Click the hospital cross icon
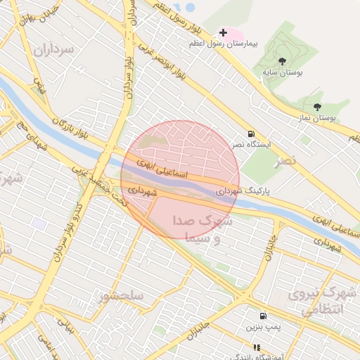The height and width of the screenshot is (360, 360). click(x=224, y=32)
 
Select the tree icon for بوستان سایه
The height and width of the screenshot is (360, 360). click(x=282, y=61)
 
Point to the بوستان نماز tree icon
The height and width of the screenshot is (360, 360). click(x=318, y=107)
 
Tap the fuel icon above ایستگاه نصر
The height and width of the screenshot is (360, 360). click(x=251, y=134)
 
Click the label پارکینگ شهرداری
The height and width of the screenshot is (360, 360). click(x=243, y=190)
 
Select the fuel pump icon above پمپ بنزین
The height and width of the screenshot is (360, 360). click(x=263, y=316)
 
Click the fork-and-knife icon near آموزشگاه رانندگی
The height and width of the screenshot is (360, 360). click(x=257, y=347)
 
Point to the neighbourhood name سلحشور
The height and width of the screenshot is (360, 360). click(x=122, y=296)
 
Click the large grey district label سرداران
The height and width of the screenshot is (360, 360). click(x=54, y=49)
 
